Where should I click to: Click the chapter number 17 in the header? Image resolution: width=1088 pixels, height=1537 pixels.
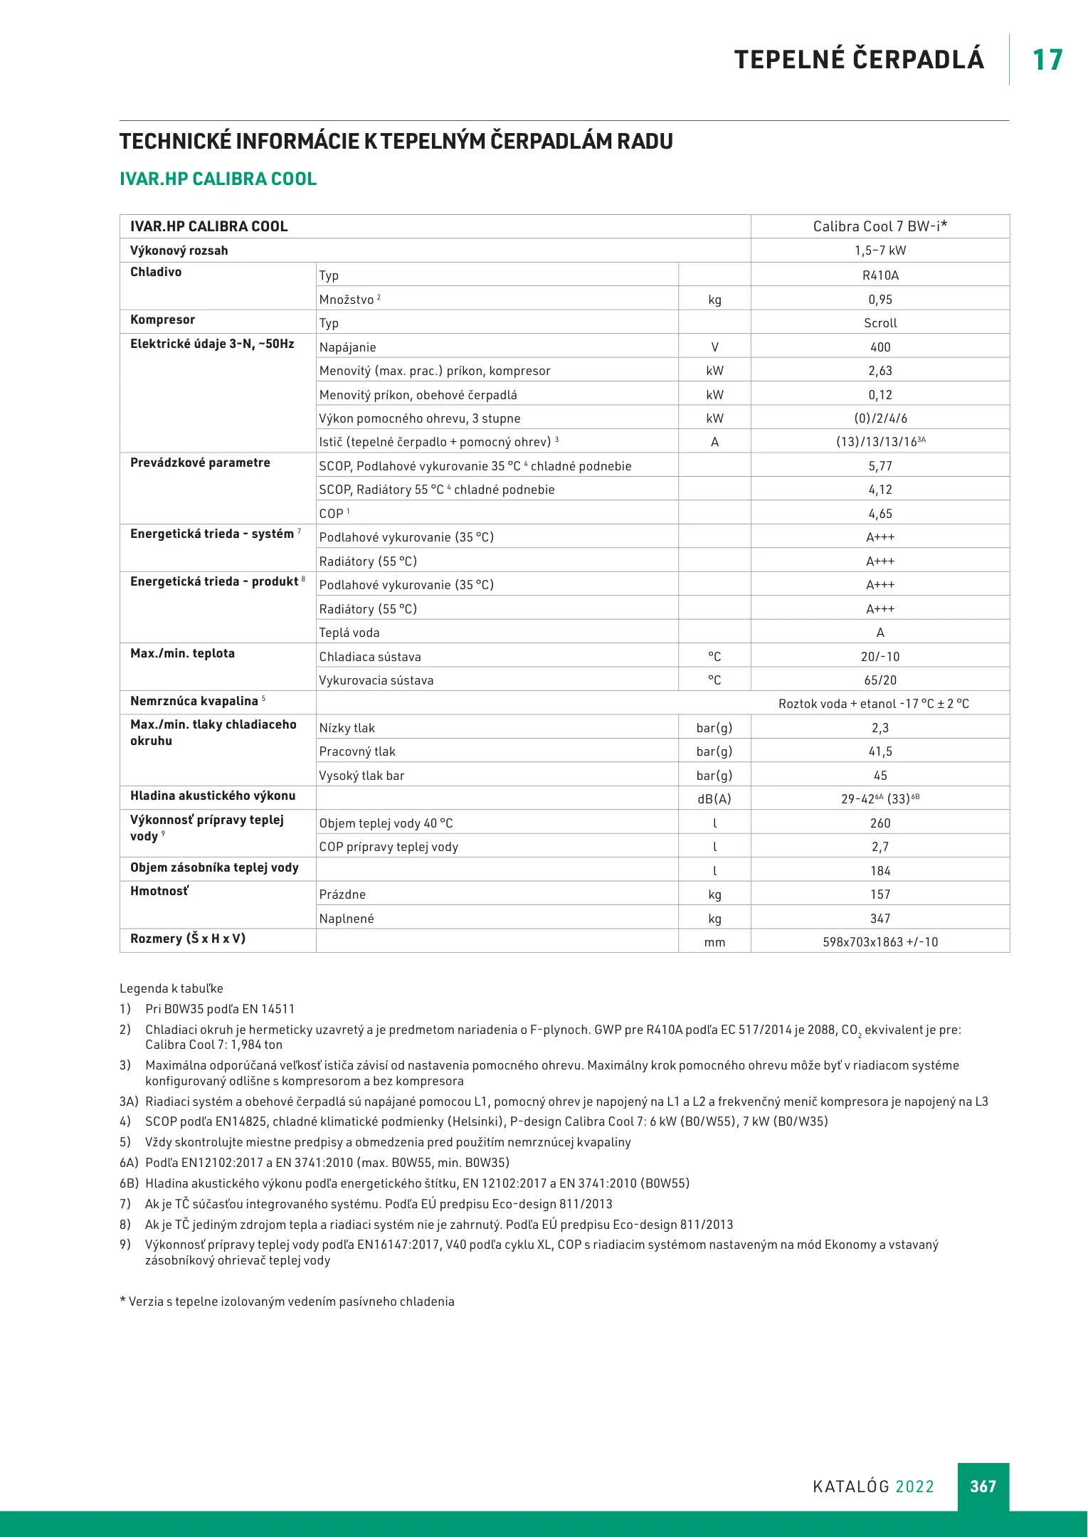click(1047, 60)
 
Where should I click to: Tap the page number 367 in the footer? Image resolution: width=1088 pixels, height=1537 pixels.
click(983, 1486)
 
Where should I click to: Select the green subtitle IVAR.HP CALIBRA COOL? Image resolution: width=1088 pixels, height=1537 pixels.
click(218, 179)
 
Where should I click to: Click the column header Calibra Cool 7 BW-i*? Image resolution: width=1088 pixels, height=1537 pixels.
click(880, 226)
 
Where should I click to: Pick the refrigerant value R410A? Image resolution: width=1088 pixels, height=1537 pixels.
click(880, 275)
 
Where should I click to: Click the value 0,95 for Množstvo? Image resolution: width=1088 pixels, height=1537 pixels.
click(880, 300)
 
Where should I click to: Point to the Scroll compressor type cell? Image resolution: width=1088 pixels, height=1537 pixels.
click(880, 323)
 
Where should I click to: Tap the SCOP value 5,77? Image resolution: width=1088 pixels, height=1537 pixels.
click(880, 466)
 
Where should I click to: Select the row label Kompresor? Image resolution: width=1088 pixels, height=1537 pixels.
click(162, 320)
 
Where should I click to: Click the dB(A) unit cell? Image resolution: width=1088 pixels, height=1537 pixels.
click(714, 799)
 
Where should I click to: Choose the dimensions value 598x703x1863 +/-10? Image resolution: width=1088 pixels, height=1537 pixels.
click(880, 942)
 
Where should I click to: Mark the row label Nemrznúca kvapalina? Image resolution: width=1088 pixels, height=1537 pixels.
click(194, 701)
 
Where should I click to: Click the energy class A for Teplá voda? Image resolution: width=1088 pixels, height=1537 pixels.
click(880, 633)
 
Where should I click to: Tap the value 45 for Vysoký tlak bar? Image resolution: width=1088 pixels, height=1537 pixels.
click(880, 776)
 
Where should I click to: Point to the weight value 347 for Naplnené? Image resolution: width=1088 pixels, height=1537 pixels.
click(880, 919)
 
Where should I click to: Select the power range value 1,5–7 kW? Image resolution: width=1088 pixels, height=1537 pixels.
click(880, 250)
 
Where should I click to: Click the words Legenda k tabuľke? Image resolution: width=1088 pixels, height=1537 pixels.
click(171, 988)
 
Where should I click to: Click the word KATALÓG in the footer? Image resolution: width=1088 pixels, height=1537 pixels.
click(851, 1486)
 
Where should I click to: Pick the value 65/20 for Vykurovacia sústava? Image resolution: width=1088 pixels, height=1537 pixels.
click(880, 680)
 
